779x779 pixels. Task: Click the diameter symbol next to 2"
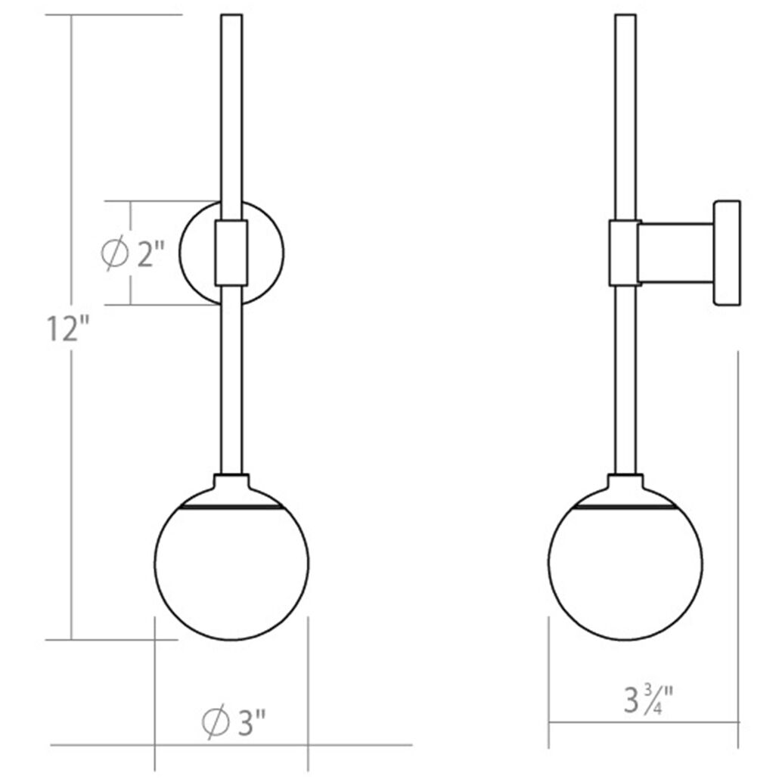point(114,254)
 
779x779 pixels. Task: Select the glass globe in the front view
point(231,571)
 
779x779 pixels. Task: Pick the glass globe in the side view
point(626,571)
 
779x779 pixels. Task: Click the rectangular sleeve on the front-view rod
point(231,253)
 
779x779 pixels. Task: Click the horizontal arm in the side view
point(675,253)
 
